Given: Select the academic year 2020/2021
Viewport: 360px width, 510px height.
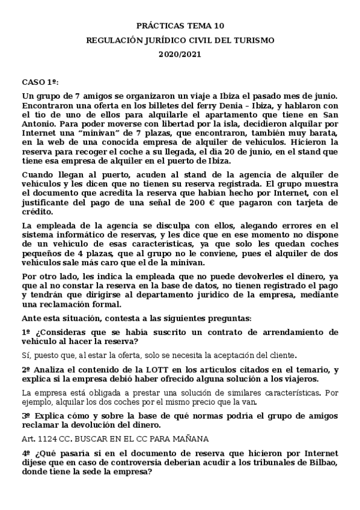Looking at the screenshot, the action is pyautogui.click(x=180, y=54).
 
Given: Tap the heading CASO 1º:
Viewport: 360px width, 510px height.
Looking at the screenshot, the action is pyautogui.click(x=41, y=81).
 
